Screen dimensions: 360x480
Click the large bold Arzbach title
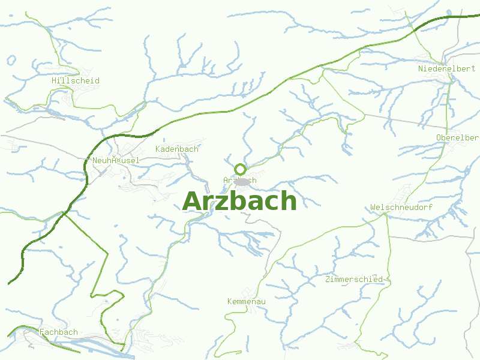239,202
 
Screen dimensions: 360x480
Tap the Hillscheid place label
76,80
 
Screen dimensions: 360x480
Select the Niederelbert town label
446,68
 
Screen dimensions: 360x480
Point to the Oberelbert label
457,137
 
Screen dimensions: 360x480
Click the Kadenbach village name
176,149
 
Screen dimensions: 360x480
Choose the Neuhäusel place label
116,160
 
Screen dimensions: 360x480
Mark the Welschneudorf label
401,207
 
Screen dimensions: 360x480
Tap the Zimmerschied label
353,279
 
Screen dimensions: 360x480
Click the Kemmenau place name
247,301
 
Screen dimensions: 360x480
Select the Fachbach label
59,332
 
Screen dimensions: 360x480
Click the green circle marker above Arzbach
240,169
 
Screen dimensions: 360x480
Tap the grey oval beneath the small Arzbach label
242,182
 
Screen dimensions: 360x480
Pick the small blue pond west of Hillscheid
11,60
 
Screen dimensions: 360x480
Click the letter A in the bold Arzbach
192,202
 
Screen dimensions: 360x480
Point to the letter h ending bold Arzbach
289,202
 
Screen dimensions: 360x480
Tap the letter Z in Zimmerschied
327,279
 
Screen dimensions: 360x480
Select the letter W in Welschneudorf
373,207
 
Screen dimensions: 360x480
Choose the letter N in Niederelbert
421,68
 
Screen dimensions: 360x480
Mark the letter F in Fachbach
42,332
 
